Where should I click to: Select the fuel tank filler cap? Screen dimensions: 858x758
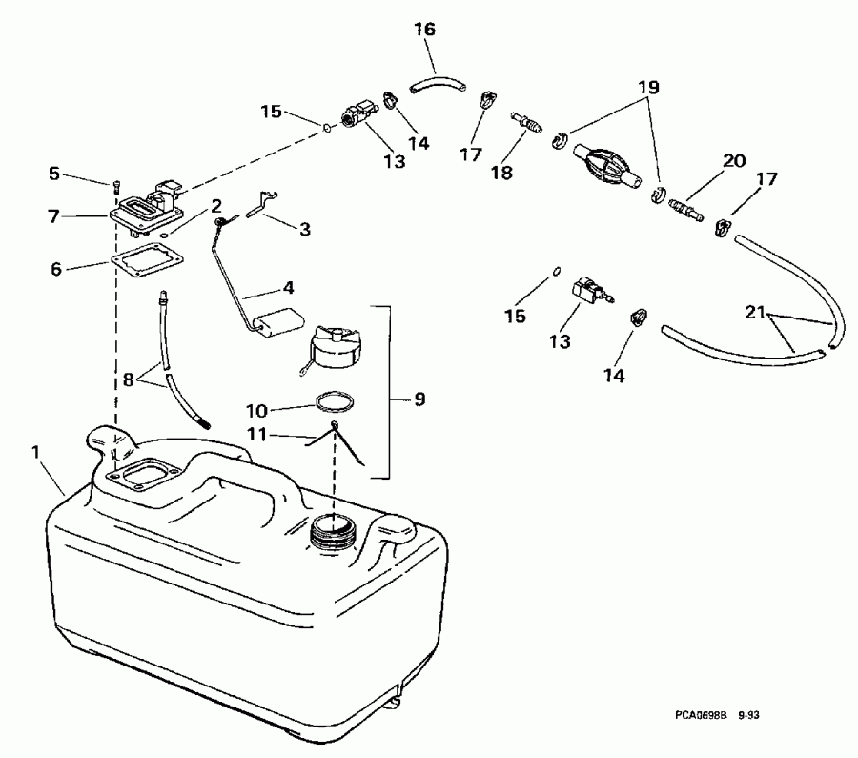coord(334,347)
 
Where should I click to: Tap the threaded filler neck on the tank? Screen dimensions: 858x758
coord(332,530)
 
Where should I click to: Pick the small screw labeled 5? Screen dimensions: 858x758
coord(116,188)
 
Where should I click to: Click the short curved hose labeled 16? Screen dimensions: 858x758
coord(438,85)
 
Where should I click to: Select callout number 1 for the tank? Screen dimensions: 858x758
coord(36,453)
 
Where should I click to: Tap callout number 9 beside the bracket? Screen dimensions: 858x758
coord(419,399)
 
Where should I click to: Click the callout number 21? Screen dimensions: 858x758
coord(755,312)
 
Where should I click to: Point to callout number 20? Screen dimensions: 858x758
coord(734,160)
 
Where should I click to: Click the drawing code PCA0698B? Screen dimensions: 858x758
coord(700,715)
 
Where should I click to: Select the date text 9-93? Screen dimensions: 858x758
coord(748,715)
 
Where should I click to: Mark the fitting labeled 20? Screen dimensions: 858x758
coord(685,210)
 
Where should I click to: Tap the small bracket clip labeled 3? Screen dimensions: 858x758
coord(262,203)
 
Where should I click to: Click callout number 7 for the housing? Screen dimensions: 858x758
coord(53,216)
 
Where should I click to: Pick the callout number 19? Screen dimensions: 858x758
coord(648,88)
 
